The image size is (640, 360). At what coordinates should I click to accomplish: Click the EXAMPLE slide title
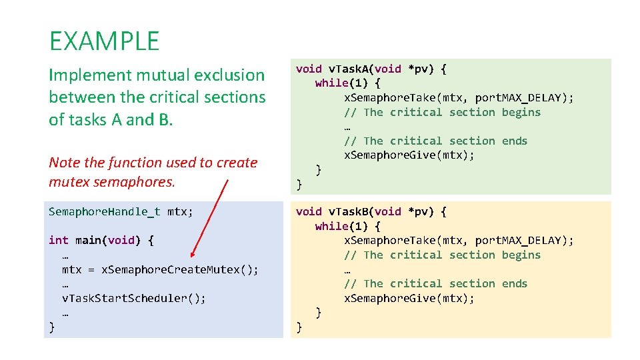(x=104, y=41)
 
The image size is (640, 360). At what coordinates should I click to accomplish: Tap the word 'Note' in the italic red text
(x=64, y=163)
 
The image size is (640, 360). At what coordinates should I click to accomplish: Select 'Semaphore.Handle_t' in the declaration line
(x=105, y=212)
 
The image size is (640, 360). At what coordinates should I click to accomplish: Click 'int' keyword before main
(x=58, y=240)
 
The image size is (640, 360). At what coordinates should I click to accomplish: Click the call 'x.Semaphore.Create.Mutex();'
(x=179, y=269)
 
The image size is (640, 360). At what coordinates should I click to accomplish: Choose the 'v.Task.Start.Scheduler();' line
(x=133, y=298)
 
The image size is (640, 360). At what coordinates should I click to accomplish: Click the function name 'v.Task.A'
(x=354, y=69)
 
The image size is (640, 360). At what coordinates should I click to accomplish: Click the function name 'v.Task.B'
(x=354, y=211)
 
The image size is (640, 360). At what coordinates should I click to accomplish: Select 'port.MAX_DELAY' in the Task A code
(x=519, y=98)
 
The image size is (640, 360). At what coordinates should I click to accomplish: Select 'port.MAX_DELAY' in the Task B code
(x=519, y=241)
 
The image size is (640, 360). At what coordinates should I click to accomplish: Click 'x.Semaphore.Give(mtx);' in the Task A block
(x=409, y=155)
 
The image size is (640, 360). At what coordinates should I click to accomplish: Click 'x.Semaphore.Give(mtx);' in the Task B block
(x=409, y=298)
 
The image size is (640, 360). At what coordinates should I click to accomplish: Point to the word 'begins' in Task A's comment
(x=521, y=112)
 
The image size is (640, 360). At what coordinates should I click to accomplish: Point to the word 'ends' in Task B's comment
(x=515, y=284)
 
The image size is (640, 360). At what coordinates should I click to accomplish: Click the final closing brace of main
(x=52, y=327)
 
